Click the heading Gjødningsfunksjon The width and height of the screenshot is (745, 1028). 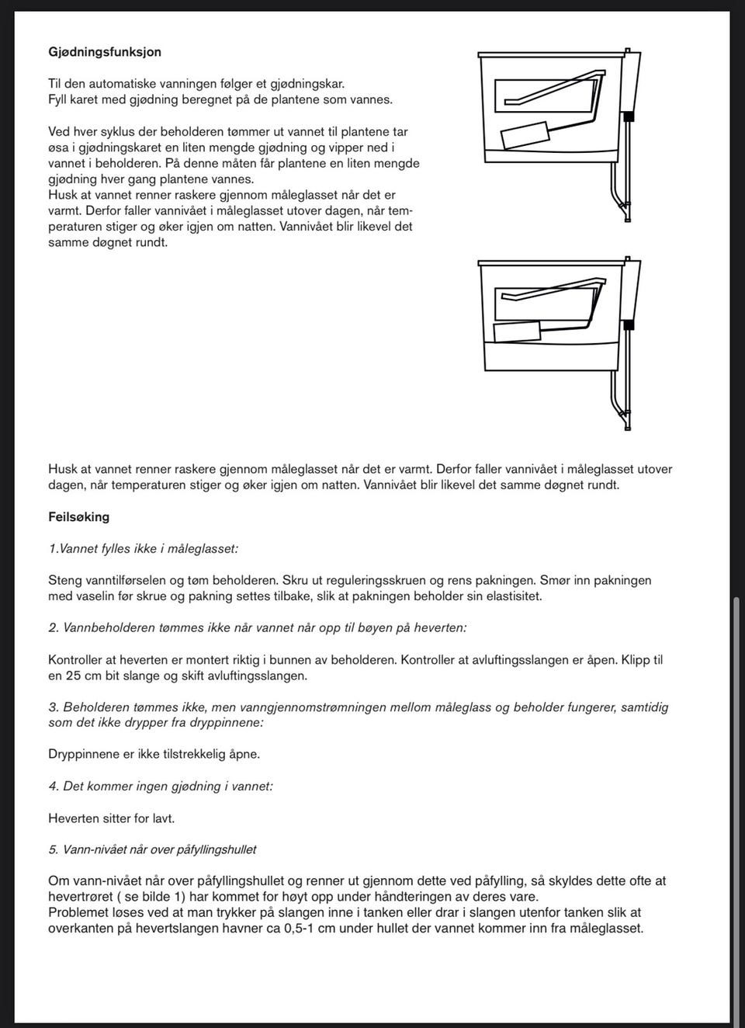(x=105, y=52)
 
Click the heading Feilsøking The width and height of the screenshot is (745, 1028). (x=78, y=516)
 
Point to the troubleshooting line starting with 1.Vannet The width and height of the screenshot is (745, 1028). (x=143, y=549)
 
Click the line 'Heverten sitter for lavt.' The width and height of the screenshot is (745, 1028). (x=111, y=818)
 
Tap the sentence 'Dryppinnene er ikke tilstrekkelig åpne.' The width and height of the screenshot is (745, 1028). (x=154, y=754)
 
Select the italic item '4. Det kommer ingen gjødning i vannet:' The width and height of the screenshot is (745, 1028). (x=160, y=786)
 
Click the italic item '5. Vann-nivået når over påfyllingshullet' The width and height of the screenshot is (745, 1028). (x=152, y=849)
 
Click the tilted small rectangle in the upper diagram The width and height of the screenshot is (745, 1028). (x=525, y=137)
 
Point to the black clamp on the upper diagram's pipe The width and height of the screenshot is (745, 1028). (x=629, y=116)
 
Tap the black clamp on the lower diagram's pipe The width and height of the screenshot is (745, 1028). (x=629, y=321)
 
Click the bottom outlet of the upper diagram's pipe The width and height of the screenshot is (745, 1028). (x=628, y=218)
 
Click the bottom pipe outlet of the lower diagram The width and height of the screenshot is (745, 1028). (x=627, y=425)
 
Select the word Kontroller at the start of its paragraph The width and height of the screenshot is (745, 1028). (x=78, y=660)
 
